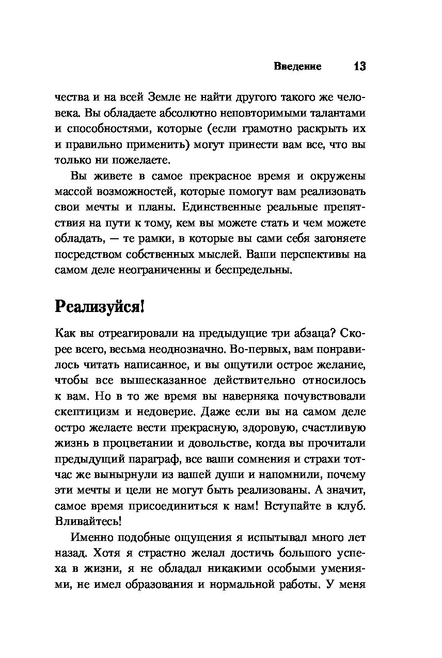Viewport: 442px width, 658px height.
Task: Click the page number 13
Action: point(359,67)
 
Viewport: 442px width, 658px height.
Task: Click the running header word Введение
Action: point(297,67)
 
